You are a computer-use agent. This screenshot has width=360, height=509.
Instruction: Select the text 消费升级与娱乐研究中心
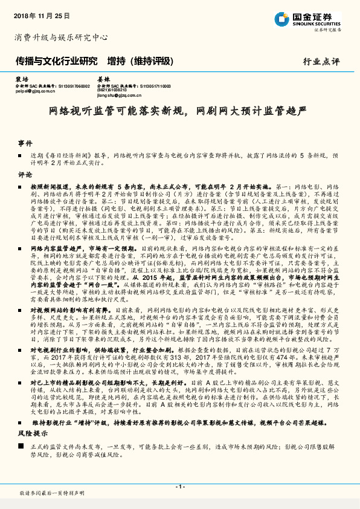coord(61,37)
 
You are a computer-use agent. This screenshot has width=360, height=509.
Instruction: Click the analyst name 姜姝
coord(103,79)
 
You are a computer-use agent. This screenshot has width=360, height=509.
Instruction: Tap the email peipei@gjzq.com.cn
coord(35,91)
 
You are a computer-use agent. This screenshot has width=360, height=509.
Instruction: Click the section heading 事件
coord(25,143)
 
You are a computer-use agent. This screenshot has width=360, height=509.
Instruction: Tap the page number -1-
coord(180,487)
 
